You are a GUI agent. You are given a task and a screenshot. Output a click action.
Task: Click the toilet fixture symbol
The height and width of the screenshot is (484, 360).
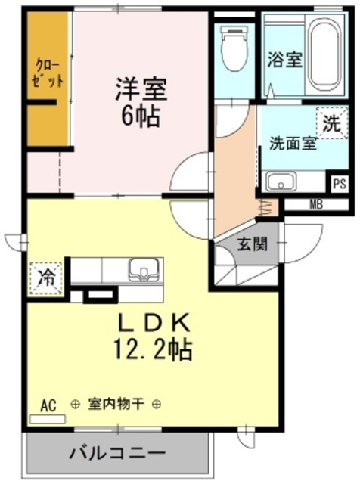[234, 48]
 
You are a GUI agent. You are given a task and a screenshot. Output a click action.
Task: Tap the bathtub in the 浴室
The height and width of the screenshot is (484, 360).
[324, 56]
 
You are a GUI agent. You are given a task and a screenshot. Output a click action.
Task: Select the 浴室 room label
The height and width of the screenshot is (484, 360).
[284, 60]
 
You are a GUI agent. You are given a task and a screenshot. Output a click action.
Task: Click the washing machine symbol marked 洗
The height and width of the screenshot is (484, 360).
[332, 123]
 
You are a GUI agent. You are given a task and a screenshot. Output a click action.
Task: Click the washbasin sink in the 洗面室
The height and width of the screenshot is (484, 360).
[281, 181]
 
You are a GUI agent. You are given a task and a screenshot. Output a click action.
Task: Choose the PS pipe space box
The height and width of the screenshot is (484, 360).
[340, 184]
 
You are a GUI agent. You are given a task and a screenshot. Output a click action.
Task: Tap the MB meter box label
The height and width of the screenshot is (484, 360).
[316, 204]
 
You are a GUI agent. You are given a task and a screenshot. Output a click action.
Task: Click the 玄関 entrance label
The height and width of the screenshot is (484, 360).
[252, 245]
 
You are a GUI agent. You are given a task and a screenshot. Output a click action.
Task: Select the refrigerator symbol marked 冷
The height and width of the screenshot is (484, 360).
[46, 278]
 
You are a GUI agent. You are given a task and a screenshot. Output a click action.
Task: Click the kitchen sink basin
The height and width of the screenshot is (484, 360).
[144, 269]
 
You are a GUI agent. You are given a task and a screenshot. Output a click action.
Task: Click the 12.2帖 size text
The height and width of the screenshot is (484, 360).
[153, 349]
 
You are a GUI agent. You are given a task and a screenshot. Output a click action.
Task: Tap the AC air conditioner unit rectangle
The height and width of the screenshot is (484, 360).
[48, 419]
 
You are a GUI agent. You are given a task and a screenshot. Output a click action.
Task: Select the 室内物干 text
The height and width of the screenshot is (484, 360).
[116, 403]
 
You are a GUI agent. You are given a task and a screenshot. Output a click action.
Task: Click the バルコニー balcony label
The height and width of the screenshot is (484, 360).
[117, 453]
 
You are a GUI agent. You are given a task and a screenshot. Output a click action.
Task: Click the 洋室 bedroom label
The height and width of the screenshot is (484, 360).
[141, 89]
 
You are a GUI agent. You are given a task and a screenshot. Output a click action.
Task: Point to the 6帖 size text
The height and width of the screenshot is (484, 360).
[141, 116]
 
